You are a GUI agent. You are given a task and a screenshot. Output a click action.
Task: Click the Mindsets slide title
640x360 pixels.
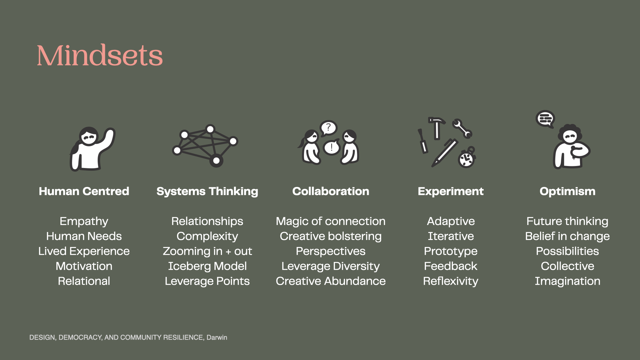tap(100, 55)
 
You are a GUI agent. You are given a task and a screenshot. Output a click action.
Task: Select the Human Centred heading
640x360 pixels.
tap(84, 191)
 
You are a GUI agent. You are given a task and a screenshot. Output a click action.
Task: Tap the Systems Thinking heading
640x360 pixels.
tap(207, 192)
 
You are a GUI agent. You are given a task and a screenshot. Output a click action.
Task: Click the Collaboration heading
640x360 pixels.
tap(331, 191)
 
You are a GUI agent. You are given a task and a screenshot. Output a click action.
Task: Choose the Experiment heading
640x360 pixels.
tap(451, 192)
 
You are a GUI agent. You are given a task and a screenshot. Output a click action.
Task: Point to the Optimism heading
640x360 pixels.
tap(567, 192)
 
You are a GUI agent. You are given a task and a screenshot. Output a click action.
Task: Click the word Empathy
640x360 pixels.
tap(84, 222)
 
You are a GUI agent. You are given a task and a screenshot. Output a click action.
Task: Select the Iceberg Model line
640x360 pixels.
tap(207, 266)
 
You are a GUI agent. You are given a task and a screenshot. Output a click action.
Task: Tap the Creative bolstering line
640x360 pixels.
tap(331, 236)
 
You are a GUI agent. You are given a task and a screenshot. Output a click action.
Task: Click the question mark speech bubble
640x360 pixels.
tap(328, 128)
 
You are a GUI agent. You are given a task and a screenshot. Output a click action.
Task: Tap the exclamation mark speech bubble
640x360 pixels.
tap(332, 147)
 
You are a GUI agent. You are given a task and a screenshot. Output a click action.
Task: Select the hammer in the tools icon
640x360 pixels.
tap(436, 127)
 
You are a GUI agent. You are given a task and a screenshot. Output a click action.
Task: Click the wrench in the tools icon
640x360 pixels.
tap(462, 129)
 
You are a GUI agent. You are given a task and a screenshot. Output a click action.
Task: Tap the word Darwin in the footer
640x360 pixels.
tap(217, 337)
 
